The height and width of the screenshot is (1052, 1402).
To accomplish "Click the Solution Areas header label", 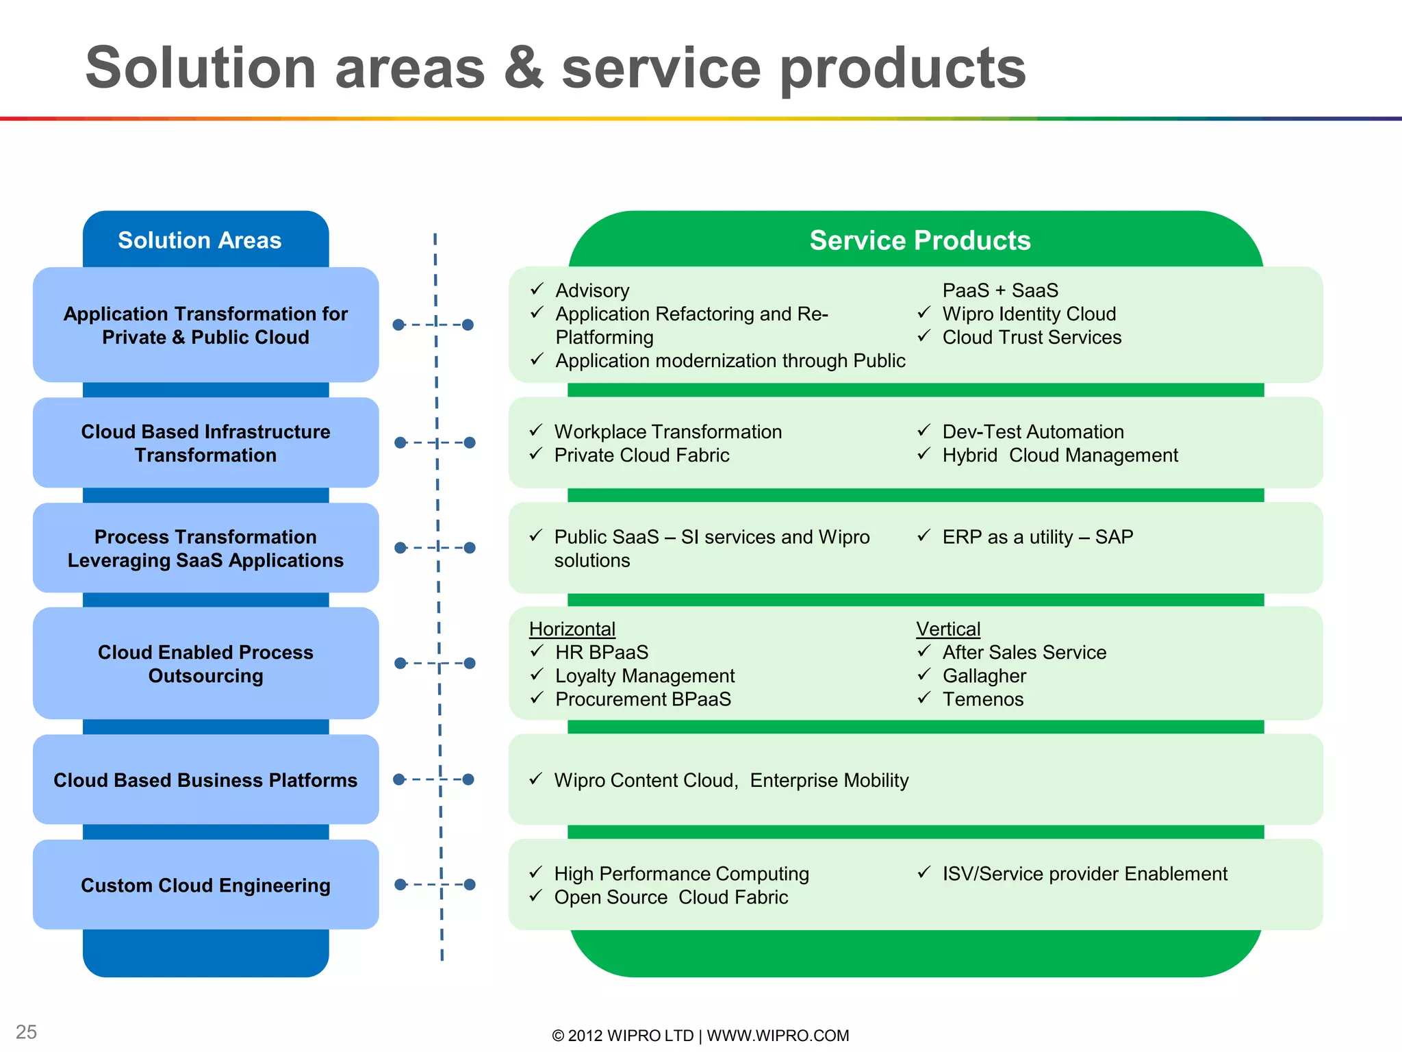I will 199,240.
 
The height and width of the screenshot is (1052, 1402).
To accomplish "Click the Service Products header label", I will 919,240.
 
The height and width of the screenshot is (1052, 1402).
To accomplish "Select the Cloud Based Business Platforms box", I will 205,780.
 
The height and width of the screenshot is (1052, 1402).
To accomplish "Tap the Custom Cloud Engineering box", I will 205,885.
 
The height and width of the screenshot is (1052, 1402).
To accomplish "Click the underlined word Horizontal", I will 572,629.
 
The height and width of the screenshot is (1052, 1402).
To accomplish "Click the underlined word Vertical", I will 948,629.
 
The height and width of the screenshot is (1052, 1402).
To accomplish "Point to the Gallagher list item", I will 984,676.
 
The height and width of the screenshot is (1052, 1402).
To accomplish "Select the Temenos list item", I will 982,699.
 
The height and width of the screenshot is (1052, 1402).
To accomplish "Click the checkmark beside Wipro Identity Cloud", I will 923,313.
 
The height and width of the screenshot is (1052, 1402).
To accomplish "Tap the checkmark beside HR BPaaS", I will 537,651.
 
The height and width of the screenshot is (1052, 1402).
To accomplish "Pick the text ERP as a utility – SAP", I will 1037,537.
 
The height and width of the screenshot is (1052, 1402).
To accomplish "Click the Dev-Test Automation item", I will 1032,432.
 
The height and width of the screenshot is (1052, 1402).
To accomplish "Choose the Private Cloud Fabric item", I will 641,455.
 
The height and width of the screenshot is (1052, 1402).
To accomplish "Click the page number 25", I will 26,1032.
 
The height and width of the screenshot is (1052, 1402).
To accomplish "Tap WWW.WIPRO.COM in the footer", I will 778,1036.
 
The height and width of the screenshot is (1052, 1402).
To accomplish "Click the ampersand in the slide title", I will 524,68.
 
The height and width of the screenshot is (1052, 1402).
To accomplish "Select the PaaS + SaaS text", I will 999,290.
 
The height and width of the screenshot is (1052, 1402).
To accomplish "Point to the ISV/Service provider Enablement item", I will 1084,874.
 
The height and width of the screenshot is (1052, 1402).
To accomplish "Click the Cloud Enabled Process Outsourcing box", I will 205,663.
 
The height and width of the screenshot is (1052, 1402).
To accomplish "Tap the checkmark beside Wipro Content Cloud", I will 536,779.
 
